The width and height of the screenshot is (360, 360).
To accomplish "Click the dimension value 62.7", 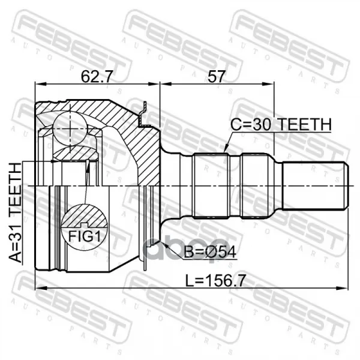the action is pyautogui.click(x=97, y=76).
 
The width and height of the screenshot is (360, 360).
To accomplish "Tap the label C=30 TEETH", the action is pyautogui.click(x=281, y=124).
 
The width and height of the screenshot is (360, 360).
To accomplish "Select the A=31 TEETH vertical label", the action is pyautogui.click(x=16, y=212).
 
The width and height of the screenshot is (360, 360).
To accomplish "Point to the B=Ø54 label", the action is pyautogui.click(x=210, y=252).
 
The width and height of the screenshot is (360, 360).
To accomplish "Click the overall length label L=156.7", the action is pyautogui.click(x=216, y=281).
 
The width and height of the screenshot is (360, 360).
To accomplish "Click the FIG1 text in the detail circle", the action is pyautogui.click(x=85, y=236).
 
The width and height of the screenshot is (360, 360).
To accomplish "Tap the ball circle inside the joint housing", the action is pyautogui.click(x=70, y=128).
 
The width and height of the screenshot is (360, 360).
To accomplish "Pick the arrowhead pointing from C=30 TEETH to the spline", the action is pyautogui.click(x=226, y=149).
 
